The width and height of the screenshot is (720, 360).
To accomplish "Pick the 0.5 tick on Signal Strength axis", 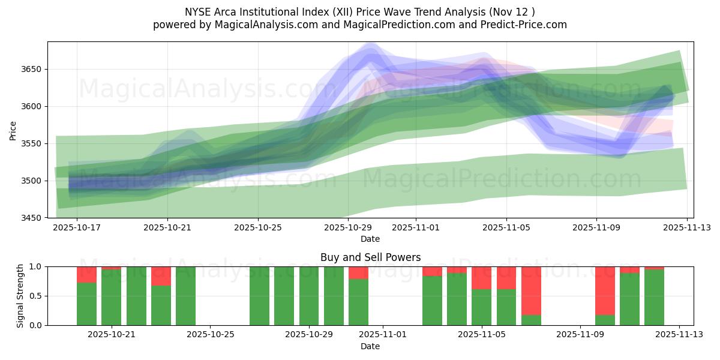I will pos(37,296).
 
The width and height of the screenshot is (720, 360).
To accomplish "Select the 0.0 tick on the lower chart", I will pos(37,325).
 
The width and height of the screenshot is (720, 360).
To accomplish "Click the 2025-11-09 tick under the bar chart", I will pos(580,335).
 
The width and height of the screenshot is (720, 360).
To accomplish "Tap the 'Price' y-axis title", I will pos(13,130).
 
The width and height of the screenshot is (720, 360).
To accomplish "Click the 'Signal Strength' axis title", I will pos(20,296).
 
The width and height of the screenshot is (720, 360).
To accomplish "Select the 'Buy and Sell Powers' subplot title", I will pos(370,257).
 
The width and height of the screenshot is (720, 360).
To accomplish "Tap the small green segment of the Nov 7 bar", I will pos(531,320).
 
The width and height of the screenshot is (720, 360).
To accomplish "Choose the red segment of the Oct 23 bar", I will pos(161,276).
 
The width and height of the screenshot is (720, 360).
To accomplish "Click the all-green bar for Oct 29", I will pos(309,296).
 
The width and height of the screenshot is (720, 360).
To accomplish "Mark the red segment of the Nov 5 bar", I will pos(481,278).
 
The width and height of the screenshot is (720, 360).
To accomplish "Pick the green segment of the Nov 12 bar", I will pos(654,298).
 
